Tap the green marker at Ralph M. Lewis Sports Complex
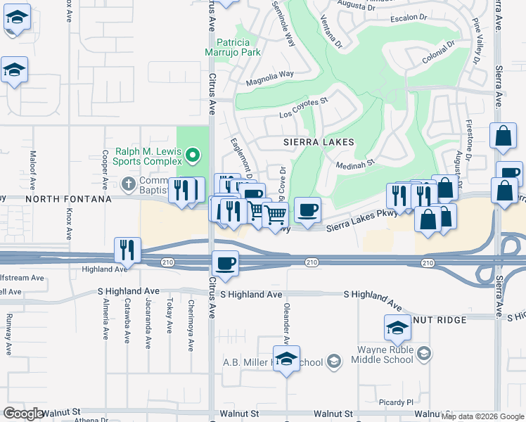(x=196, y=154)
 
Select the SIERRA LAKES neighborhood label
(x=318, y=141)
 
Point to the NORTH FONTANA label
(x=68, y=199)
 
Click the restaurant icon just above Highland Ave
(x=127, y=249)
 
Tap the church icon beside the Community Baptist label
(x=128, y=184)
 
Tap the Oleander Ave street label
(x=286, y=324)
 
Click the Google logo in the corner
(x=23, y=414)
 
